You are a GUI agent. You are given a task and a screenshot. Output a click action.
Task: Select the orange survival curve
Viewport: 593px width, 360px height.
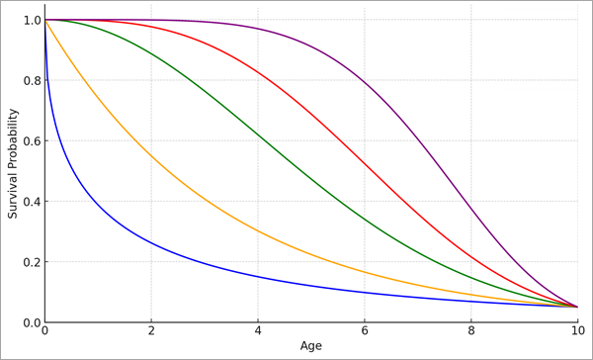tap(151, 155)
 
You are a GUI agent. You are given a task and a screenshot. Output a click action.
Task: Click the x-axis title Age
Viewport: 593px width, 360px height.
tap(311, 346)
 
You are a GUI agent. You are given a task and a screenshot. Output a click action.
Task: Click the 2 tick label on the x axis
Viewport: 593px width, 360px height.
tap(151, 330)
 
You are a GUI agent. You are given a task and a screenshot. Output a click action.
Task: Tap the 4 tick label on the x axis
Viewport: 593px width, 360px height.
tap(258, 330)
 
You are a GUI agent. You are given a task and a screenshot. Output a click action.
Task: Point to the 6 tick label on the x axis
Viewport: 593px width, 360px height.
tap(365, 330)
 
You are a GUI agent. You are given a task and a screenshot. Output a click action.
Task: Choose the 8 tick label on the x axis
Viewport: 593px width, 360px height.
tap(471, 330)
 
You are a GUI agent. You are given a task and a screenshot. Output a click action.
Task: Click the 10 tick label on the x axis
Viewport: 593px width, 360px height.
tap(578, 330)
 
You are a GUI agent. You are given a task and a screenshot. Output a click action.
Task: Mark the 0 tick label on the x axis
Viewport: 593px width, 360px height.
tap(44, 330)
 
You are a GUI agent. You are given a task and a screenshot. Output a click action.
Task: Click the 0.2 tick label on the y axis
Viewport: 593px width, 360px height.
tap(29, 262)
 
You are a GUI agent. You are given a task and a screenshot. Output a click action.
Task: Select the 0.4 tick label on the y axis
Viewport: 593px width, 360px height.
tap(29, 202)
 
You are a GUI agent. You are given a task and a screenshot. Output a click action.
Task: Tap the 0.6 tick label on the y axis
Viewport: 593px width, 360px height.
tap(29, 141)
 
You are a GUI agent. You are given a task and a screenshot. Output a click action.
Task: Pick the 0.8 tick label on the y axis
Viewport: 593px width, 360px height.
tap(29, 81)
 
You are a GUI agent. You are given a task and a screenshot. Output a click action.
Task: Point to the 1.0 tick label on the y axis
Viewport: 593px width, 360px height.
tap(29, 20)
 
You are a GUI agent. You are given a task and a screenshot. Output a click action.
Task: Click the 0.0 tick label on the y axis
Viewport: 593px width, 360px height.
tap(29, 322)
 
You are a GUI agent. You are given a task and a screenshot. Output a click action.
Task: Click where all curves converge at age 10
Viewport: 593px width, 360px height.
tap(578, 307)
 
